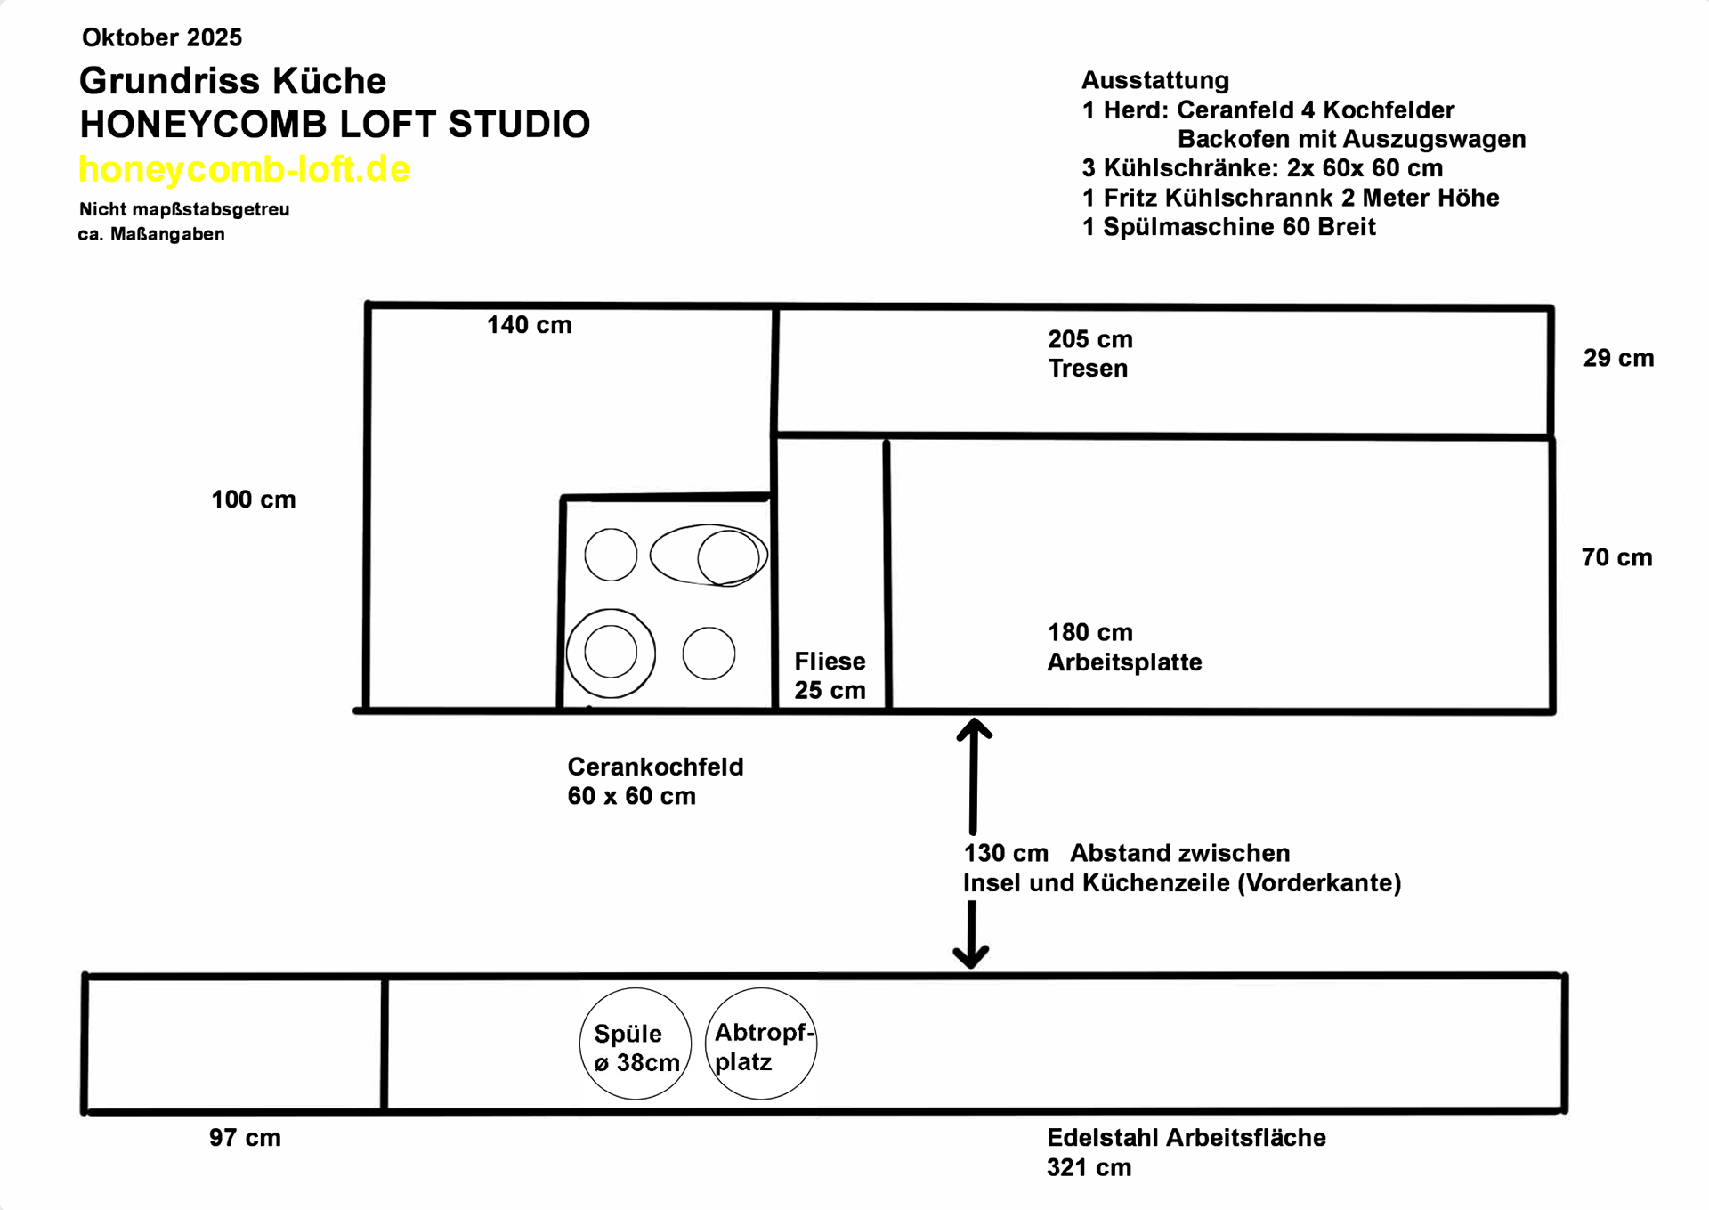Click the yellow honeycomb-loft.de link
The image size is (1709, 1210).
pyautogui.click(x=244, y=169)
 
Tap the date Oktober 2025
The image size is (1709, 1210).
pyautogui.click(x=162, y=37)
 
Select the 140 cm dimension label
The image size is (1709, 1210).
pyautogui.click(x=529, y=325)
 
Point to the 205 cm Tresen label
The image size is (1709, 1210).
pyautogui.click(x=1089, y=353)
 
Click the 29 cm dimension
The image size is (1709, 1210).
pyautogui.click(x=1618, y=358)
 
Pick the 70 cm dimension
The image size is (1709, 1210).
pyautogui.click(x=1616, y=557)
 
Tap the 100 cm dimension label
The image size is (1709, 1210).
pyautogui.click(x=253, y=499)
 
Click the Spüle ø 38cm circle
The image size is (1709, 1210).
pyautogui.click(x=636, y=1044)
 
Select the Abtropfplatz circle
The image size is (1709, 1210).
pyautogui.click(x=761, y=1044)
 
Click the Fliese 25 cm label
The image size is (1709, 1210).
pyautogui.click(x=830, y=676)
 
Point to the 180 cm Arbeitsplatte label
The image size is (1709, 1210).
pyautogui.click(x=1123, y=647)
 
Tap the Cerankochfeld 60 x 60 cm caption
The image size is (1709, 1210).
pyautogui.click(x=655, y=781)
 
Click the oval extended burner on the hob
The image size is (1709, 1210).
pyautogui.click(x=709, y=555)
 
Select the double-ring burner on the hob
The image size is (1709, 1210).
pyautogui.click(x=611, y=653)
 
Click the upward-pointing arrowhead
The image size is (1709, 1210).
pyautogui.click(x=974, y=729)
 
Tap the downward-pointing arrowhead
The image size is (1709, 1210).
pyautogui.click(x=971, y=958)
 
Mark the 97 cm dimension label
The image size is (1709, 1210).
pyautogui.click(x=245, y=1138)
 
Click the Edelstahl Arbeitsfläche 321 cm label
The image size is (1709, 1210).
pyautogui.click(x=1186, y=1152)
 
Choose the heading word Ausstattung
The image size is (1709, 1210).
pyautogui.click(x=1154, y=80)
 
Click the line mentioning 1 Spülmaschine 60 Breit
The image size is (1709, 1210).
pyautogui.click(x=1228, y=227)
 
